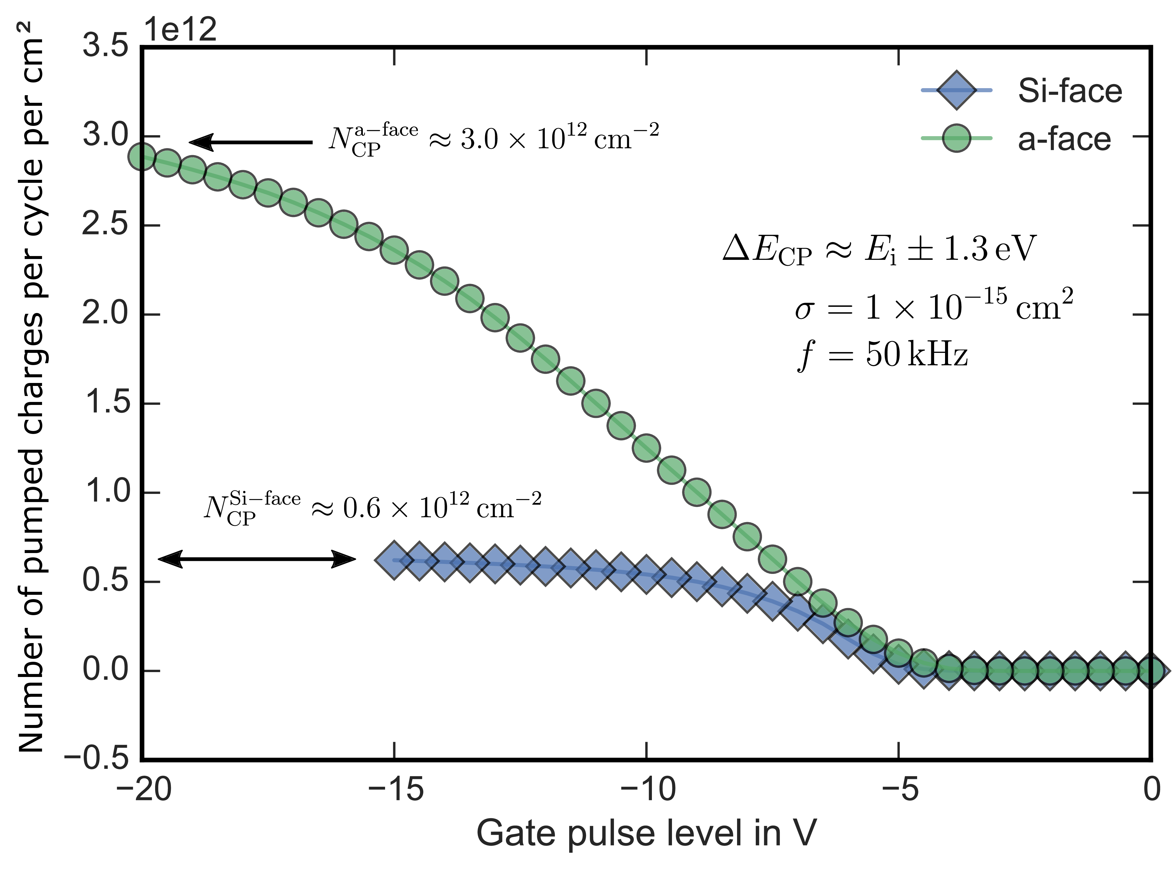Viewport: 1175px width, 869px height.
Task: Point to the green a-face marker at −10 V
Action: (x=646, y=448)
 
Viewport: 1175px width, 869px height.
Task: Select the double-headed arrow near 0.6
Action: (x=257, y=559)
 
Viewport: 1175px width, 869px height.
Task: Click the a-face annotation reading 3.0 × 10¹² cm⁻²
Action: (x=493, y=139)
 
